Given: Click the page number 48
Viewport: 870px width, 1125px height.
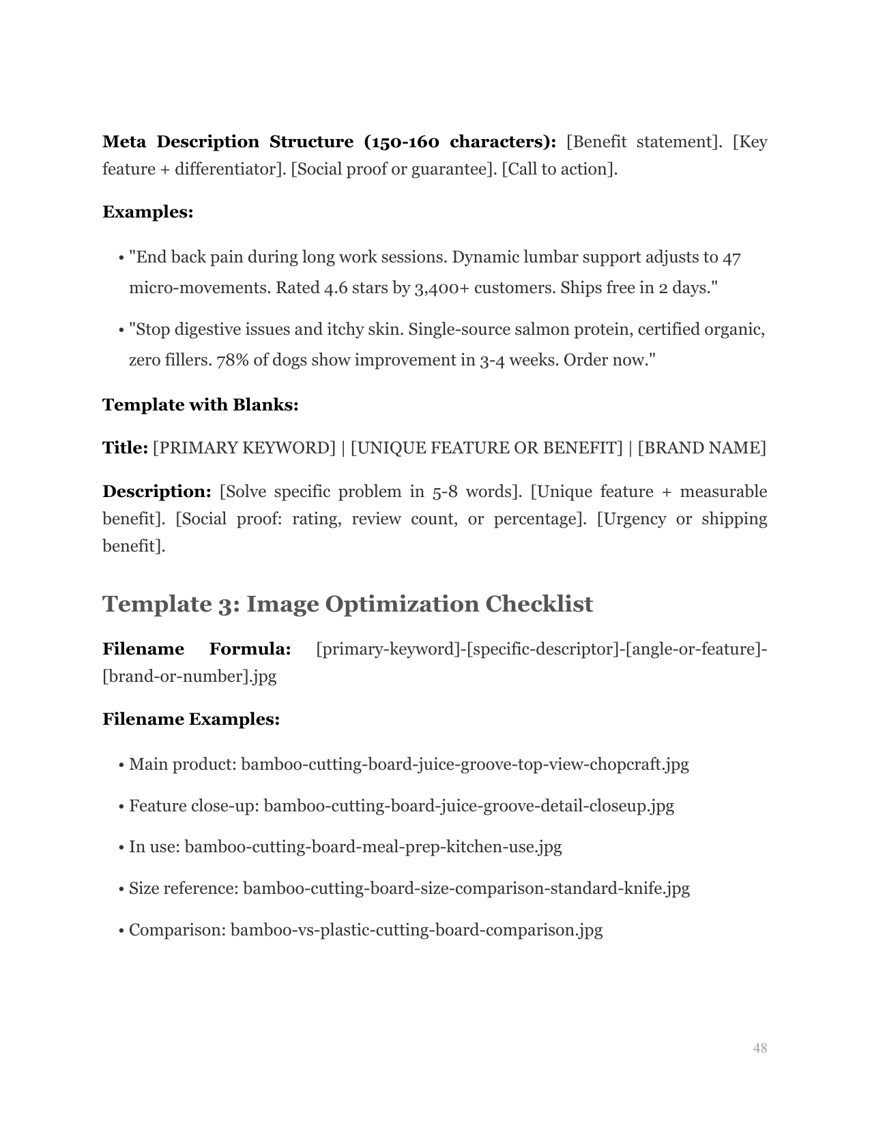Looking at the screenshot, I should click(760, 1048).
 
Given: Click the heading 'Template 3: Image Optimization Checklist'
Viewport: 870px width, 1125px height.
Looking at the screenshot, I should click(347, 604).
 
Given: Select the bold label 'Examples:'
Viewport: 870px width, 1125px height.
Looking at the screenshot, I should click(148, 212).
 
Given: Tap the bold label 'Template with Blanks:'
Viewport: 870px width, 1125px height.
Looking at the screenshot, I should click(201, 405).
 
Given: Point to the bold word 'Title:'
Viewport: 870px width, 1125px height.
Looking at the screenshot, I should click(125, 448).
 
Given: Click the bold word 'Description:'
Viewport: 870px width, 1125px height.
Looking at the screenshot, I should click(157, 492).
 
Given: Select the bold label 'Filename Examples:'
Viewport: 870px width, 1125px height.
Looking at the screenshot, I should click(191, 719).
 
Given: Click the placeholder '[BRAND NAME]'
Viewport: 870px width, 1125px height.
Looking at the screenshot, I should click(702, 448).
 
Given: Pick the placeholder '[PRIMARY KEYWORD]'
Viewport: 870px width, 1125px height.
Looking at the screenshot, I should click(244, 448).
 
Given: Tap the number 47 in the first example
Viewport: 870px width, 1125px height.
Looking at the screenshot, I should click(731, 258).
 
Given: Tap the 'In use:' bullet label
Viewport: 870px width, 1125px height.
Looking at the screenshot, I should click(154, 847).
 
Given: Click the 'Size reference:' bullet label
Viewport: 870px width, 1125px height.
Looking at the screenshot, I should click(184, 889).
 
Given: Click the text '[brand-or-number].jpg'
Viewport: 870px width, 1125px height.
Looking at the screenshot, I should click(190, 676).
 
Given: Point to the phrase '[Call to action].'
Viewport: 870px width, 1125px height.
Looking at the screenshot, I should click(560, 169).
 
